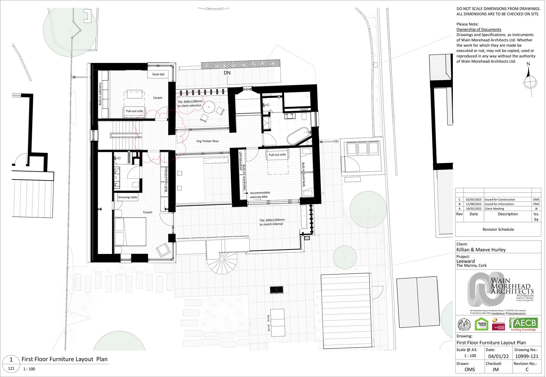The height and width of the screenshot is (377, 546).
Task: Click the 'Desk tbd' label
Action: coord(158,74)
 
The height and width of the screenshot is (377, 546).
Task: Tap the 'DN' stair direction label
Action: coord(227,73)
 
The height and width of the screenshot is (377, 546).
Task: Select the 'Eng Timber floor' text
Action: coord(207,141)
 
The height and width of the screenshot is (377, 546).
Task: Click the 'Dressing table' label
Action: coord(127,197)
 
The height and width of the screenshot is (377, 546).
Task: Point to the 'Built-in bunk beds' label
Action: coord(303,175)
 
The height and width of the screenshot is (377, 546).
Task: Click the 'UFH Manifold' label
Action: coord(240,161)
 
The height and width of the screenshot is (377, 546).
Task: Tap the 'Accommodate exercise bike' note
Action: coord(260,195)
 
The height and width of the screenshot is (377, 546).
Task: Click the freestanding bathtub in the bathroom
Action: coord(298,136)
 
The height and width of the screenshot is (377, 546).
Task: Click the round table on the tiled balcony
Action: coord(209,107)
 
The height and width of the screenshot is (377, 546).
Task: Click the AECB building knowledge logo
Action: coord(523,324)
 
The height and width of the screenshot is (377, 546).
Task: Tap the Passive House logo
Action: coord(482,324)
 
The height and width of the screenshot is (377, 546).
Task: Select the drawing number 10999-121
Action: coord(527,356)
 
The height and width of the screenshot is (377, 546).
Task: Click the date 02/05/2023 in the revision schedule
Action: coord(474,199)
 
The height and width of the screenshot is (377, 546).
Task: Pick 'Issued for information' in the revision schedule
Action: coord(499,204)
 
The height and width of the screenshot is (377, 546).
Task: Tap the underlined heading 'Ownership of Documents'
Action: coord(479,29)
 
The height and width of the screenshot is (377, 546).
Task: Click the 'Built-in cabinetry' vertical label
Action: coord(100,94)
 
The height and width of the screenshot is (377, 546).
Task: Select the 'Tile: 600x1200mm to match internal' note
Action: coord(272,222)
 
